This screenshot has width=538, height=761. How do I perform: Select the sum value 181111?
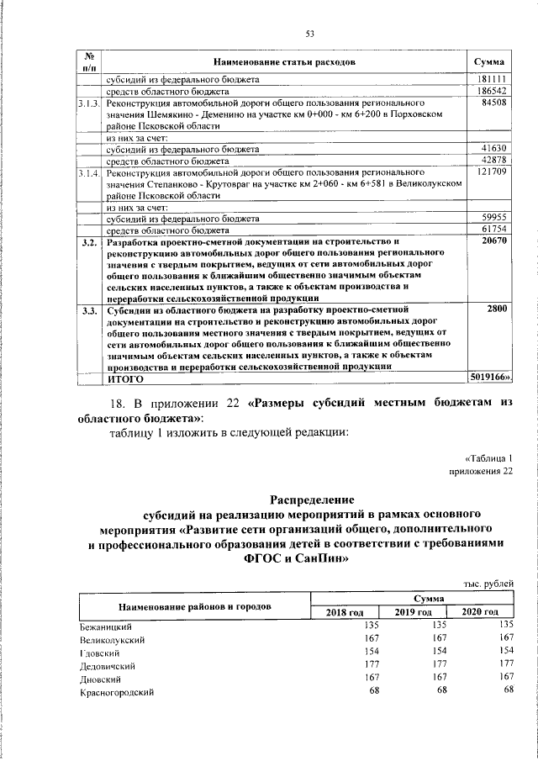click(x=490, y=79)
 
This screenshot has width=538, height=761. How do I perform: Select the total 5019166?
click(x=487, y=378)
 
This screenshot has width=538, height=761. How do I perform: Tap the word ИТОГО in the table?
click(x=123, y=379)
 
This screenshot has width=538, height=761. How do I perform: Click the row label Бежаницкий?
click(x=106, y=626)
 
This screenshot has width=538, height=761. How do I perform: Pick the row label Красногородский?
click(x=116, y=691)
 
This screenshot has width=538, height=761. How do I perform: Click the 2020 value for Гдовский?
click(x=504, y=651)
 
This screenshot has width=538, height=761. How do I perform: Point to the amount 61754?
click(x=490, y=230)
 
